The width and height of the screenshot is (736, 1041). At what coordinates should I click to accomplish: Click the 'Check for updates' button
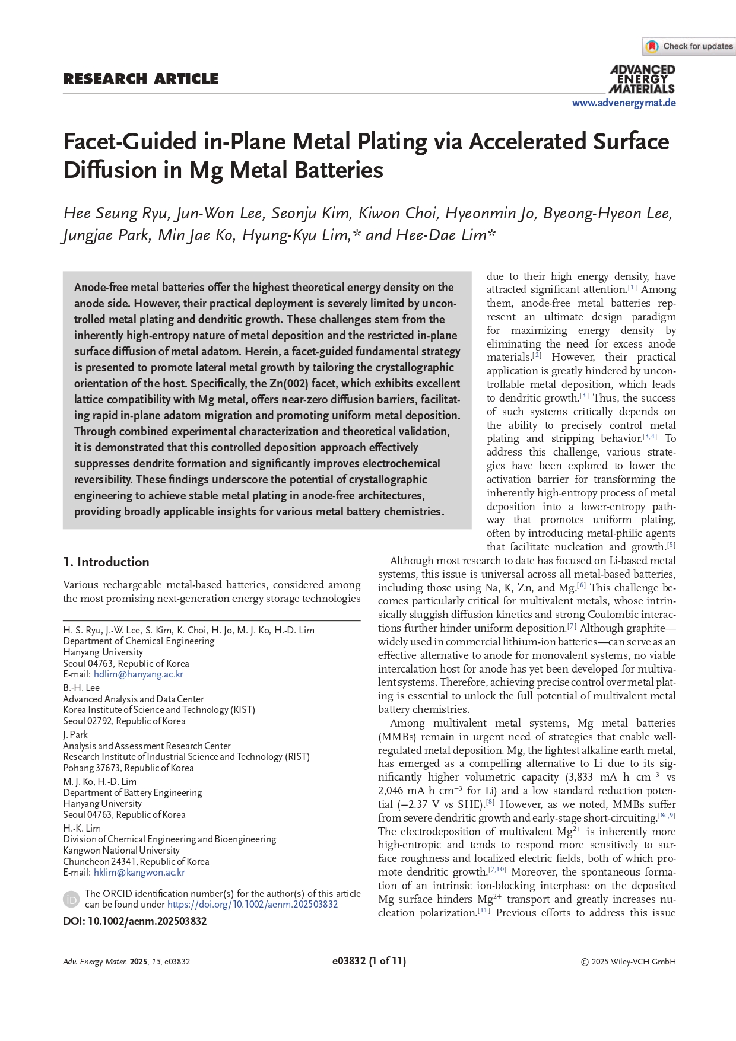pyautogui.click(x=689, y=46)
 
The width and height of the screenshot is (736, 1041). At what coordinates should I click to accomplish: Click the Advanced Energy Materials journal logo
pyautogui.click(x=642, y=79)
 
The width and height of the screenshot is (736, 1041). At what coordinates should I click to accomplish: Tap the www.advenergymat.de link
pyautogui.click(x=624, y=103)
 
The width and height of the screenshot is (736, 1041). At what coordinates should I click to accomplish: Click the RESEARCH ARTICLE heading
pyautogui.click(x=141, y=79)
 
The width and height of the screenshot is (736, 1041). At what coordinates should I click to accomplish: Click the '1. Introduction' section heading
pyautogui.click(x=106, y=562)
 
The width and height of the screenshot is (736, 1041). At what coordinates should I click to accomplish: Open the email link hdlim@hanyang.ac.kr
pyautogui.click(x=138, y=674)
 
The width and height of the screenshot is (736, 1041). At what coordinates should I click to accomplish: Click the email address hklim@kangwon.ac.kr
pyautogui.click(x=139, y=873)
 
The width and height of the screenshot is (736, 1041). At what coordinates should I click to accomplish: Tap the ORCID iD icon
pyautogui.click(x=71, y=899)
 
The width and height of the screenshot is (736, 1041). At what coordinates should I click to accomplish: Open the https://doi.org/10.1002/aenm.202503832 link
pyautogui.click(x=252, y=905)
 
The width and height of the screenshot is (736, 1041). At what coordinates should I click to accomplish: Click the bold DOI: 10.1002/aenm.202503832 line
pyautogui.click(x=135, y=921)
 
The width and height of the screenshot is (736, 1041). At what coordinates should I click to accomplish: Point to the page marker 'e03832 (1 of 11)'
pyautogui.click(x=369, y=961)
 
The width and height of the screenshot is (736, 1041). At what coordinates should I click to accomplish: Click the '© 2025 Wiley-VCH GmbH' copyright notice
pyautogui.click(x=628, y=962)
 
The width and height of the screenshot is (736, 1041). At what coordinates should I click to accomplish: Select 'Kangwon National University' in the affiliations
pyautogui.click(x=121, y=850)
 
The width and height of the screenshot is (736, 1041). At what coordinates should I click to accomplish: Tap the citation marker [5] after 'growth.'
pyautogui.click(x=671, y=545)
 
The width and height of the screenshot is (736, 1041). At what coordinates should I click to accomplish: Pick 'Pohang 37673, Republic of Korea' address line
pyautogui.click(x=128, y=768)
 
